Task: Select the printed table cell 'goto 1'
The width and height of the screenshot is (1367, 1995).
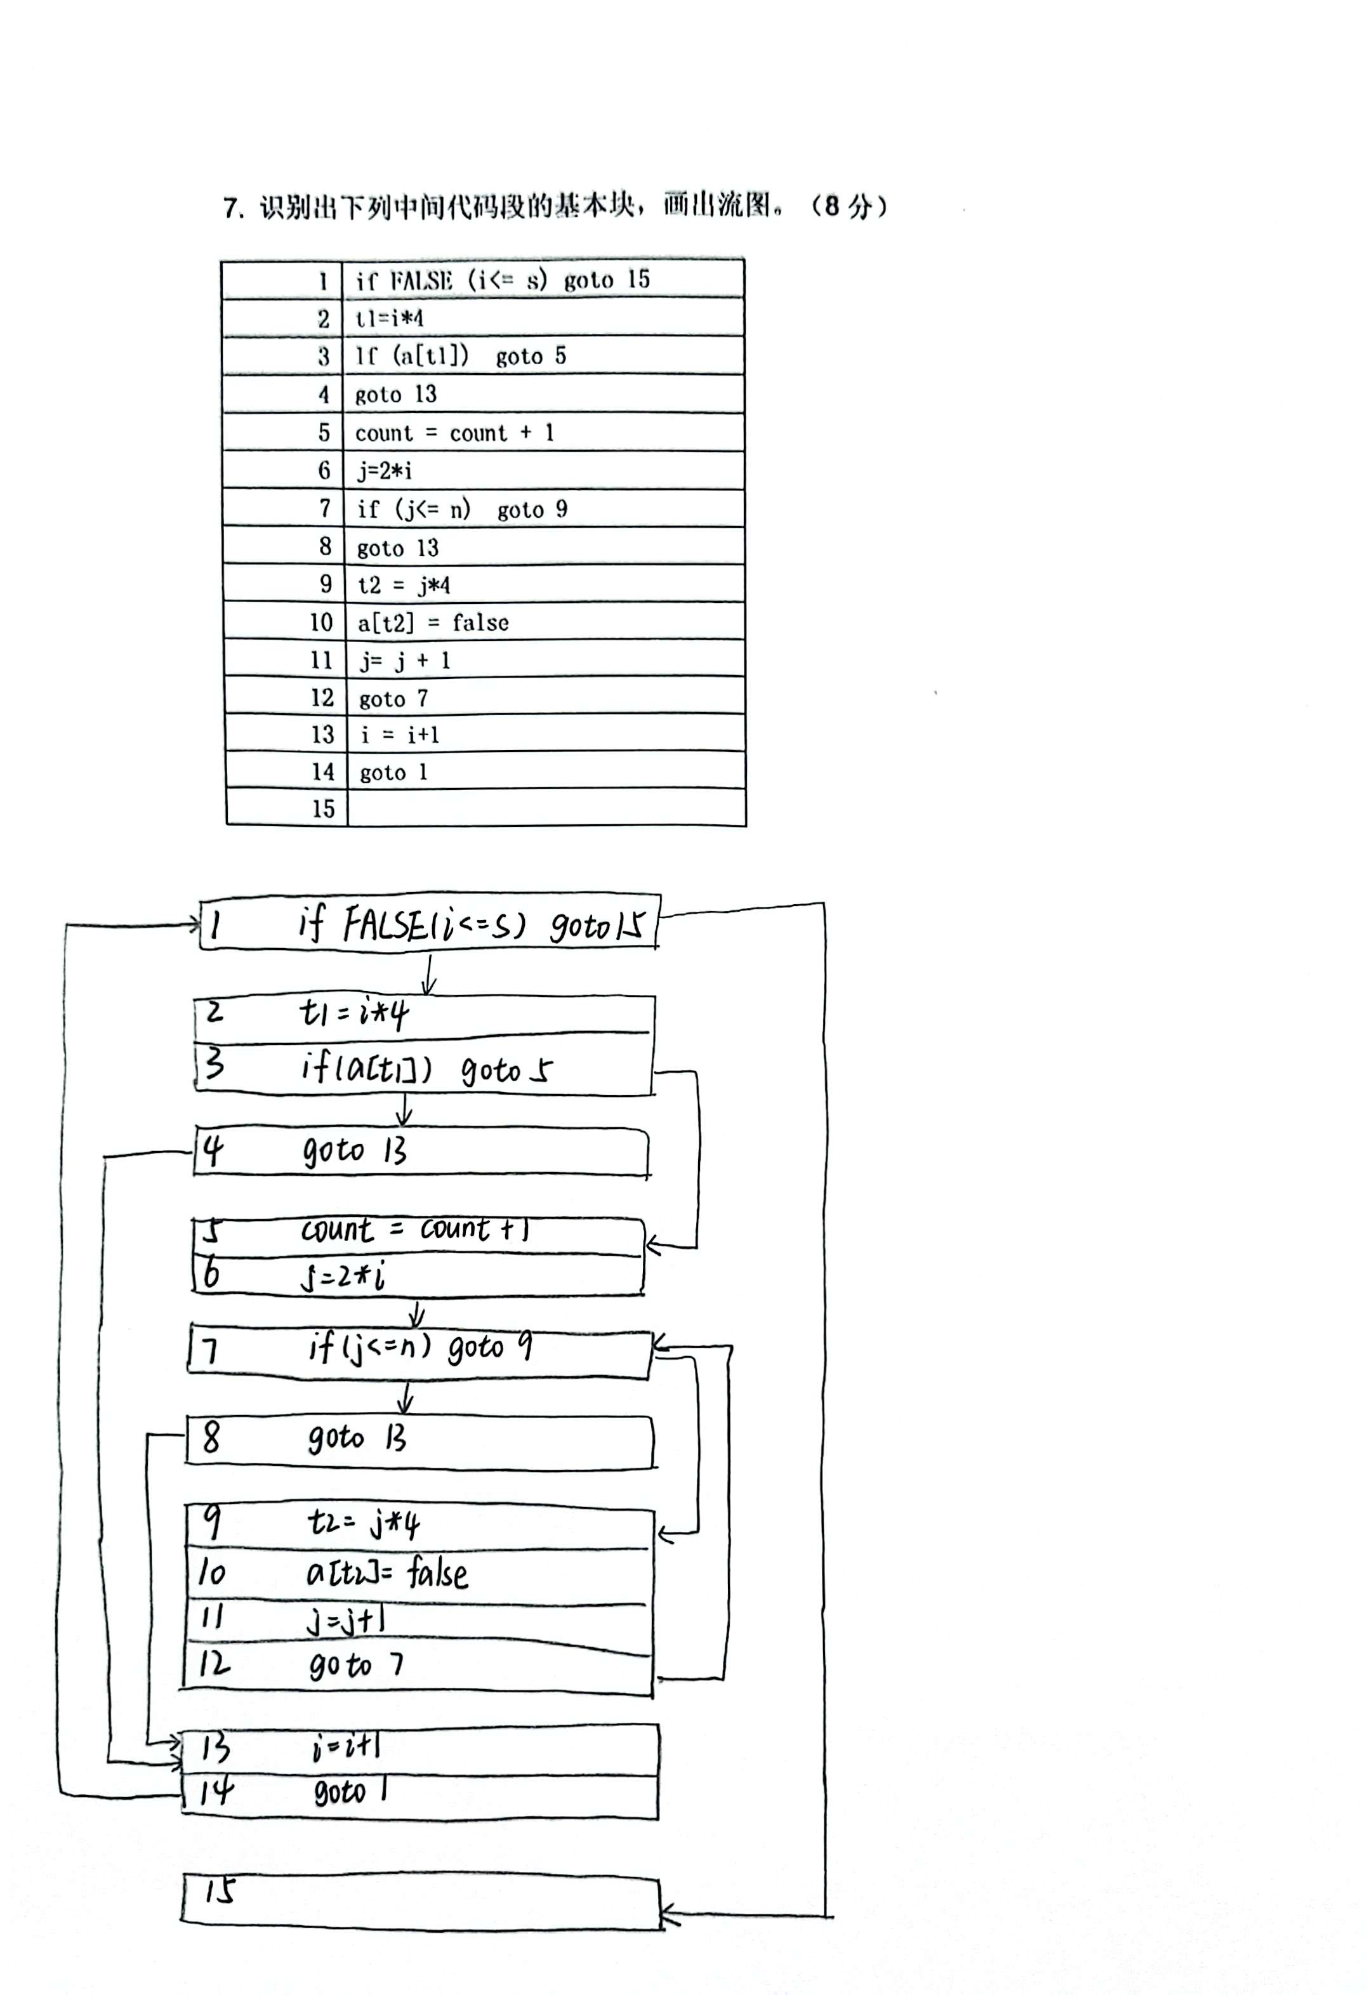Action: (393, 772)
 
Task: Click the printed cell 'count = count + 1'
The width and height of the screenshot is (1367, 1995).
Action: (454, 433)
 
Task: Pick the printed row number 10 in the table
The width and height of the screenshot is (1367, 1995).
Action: (321, 622)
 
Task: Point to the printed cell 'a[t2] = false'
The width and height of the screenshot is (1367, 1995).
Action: (433, 622)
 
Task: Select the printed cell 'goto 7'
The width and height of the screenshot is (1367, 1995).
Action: (393, 698)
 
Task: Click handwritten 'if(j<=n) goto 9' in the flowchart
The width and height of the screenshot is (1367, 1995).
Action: (420, 1348)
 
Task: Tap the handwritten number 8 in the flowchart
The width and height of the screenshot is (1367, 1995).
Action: (210, 1436)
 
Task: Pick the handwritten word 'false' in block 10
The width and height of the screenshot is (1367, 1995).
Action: (437, 1572)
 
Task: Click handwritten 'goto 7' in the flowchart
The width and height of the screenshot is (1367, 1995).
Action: (355, 1666)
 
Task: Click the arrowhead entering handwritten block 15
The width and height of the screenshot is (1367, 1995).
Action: (669, 1915)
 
